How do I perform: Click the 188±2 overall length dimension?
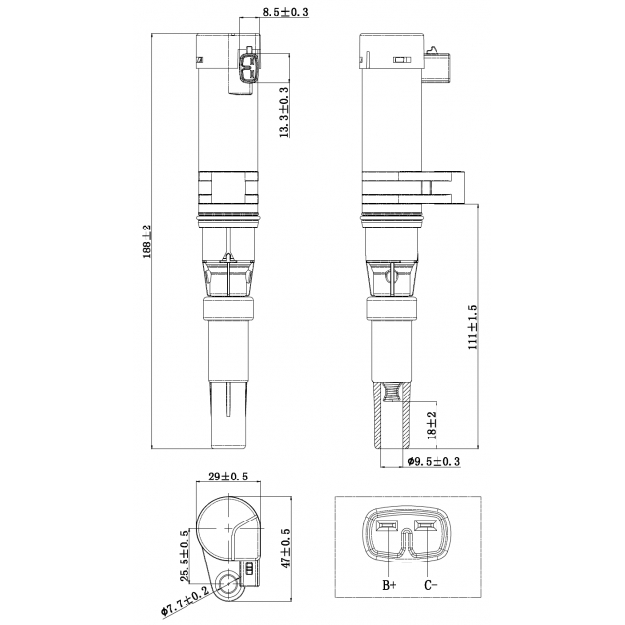pos(147,241)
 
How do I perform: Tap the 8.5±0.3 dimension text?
pos(285,12)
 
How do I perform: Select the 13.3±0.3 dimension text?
pos(284,112)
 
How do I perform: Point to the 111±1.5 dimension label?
pos(473,327)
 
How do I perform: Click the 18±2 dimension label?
pos(432,426)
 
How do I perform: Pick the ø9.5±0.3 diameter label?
pos(434,462)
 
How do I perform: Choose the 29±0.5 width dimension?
pos(229,476)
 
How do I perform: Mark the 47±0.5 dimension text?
pos(285,548)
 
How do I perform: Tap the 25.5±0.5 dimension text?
pos(185,556)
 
